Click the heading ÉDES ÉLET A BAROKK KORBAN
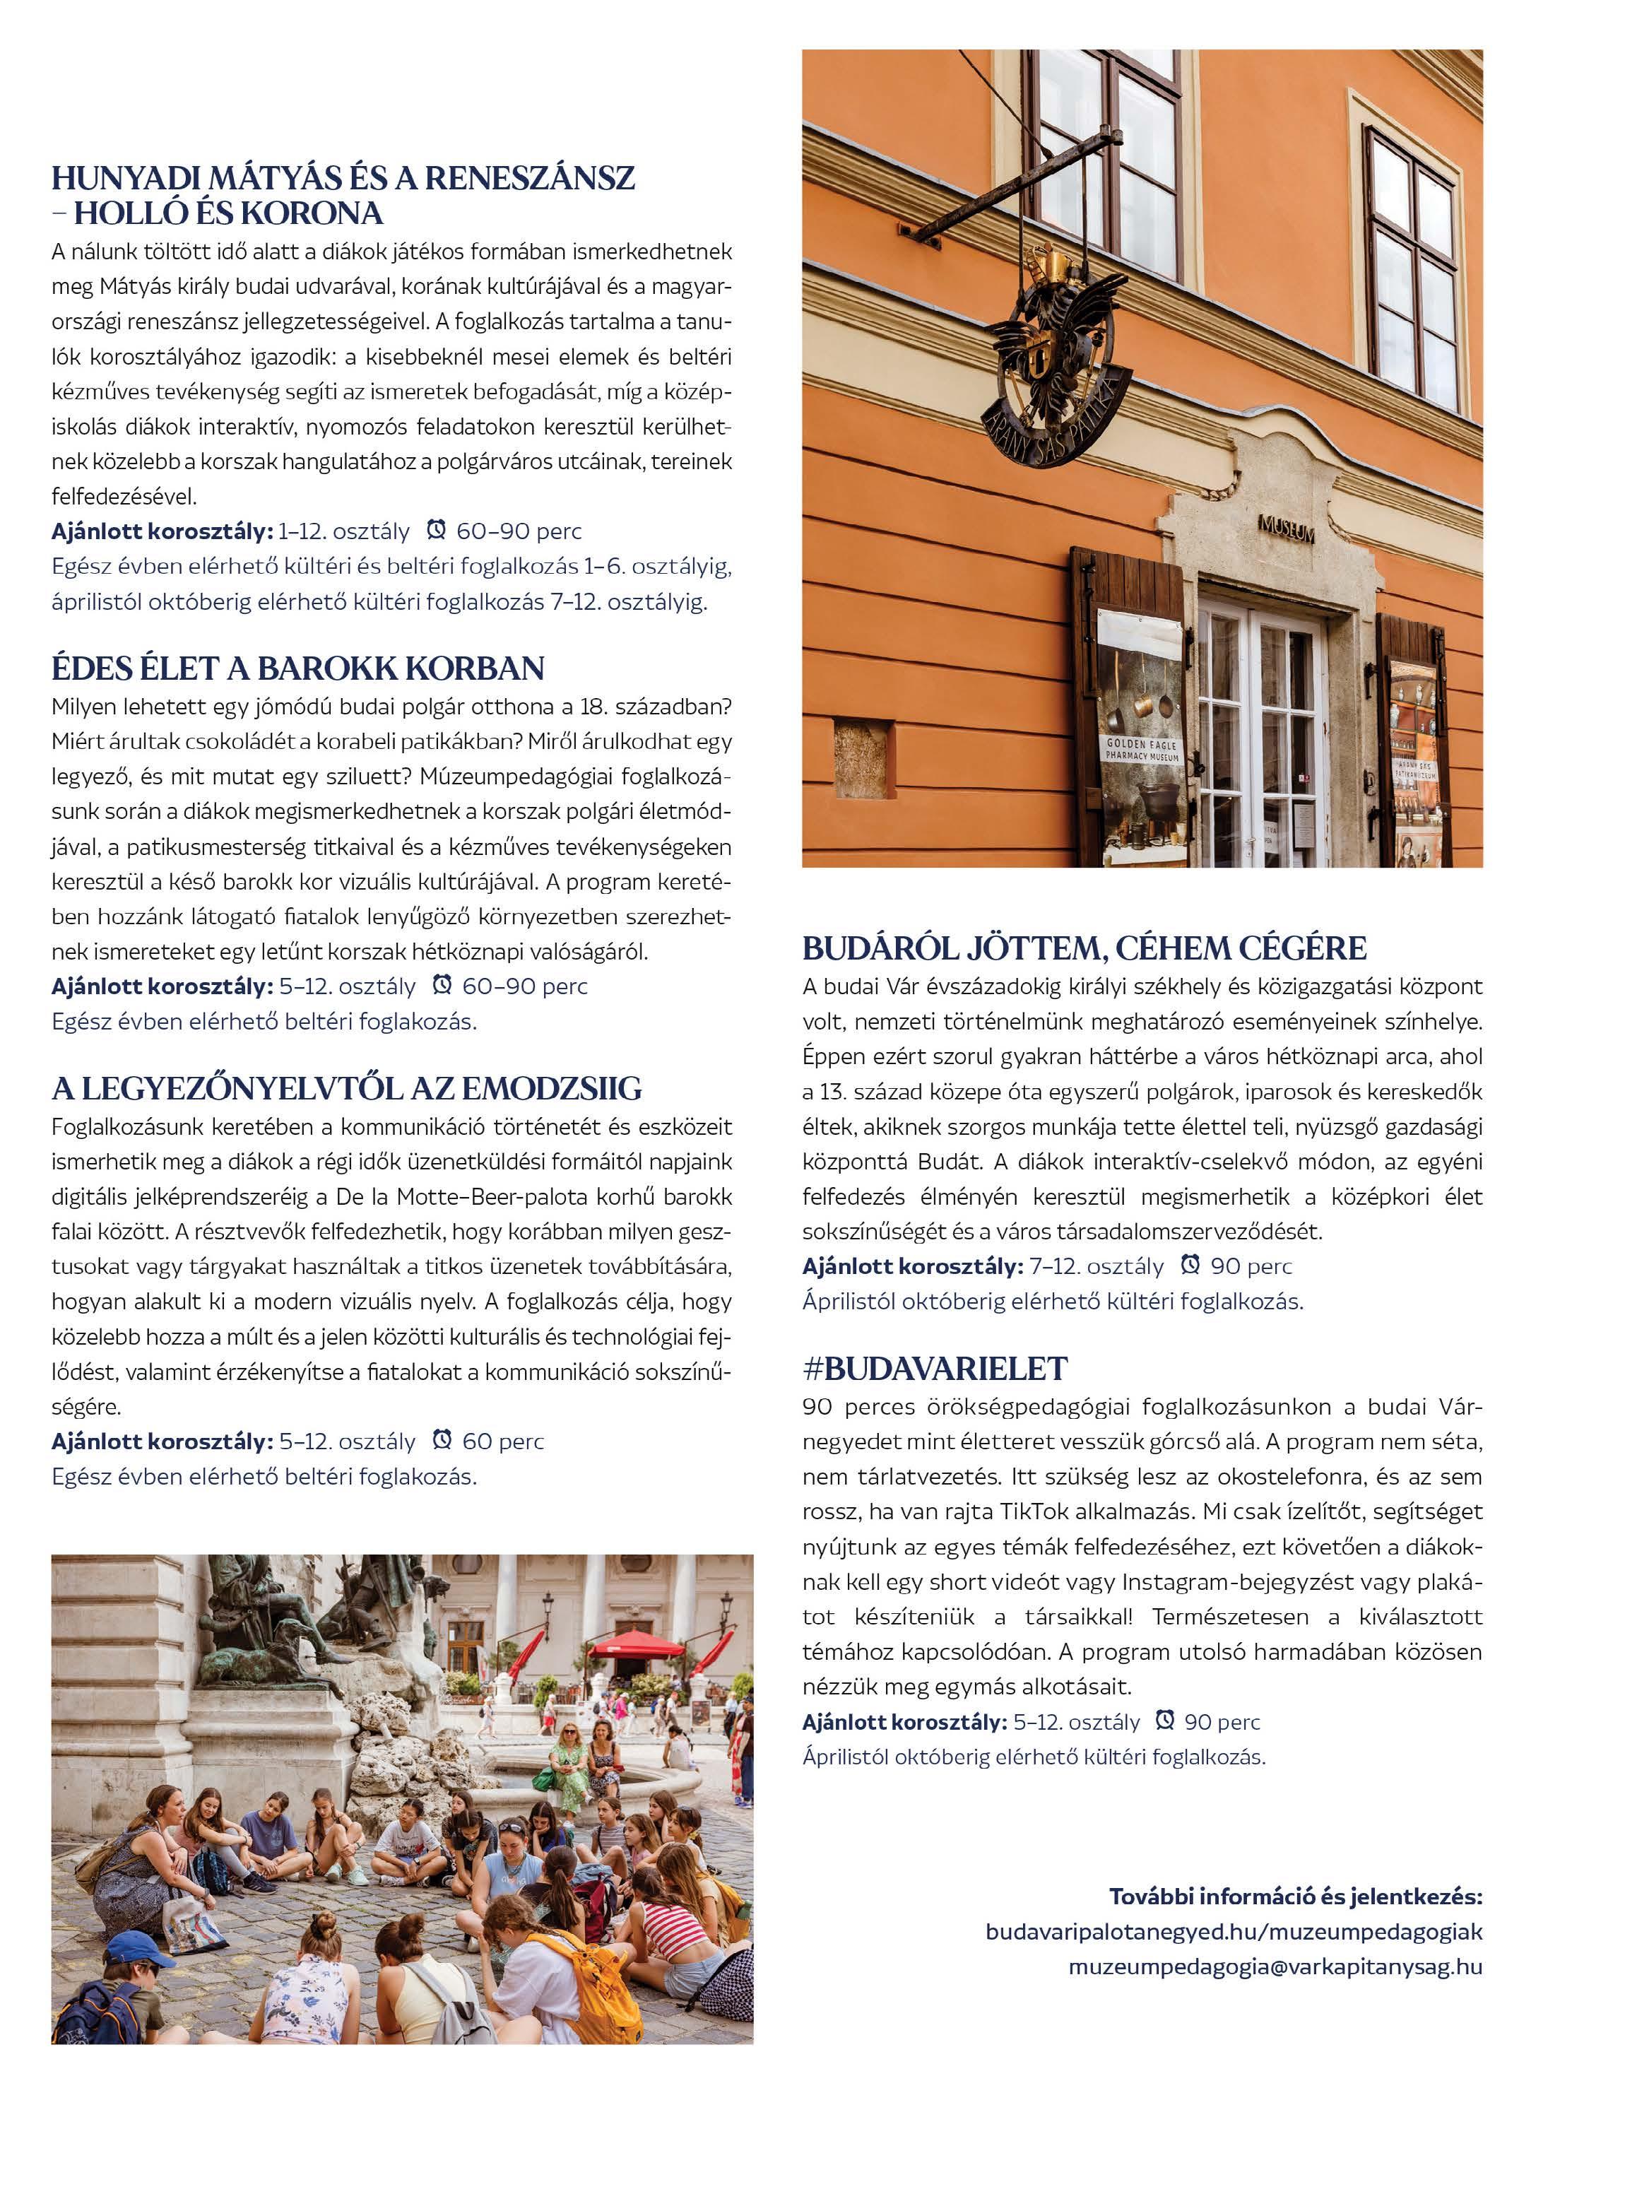click(297, 669)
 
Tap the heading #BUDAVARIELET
click(935, 1369)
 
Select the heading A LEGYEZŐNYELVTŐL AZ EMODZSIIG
click(347, 1089)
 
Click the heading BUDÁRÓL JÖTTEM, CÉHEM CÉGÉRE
click(1084, 948)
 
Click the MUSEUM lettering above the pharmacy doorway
click(1286, 529)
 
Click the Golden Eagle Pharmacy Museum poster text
click(1142, 749)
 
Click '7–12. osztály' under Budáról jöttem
click(1096, 1266)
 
